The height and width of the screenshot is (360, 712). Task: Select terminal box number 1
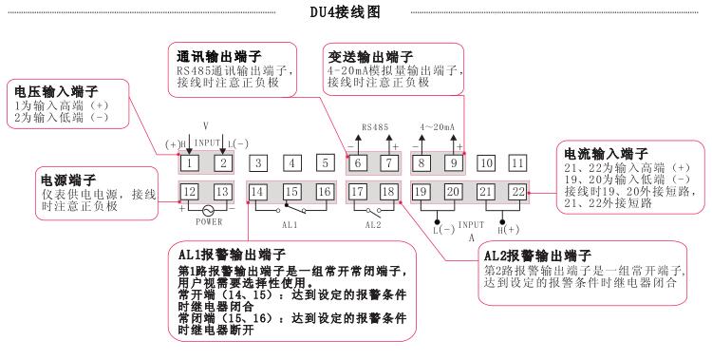pyautogui.click(x=191, y=163)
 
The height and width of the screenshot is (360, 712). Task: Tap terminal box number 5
pyautogui.click(x=324, y=163)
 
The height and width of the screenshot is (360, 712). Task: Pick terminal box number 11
pyautogui.click(x=516, y=163)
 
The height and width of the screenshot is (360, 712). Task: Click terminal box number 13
pyautogui.click(x=223, y=193)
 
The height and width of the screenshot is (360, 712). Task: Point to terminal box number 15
pyautogui.click(x=291, y=193)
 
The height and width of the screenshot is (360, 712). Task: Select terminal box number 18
pyautogui.click(x=388, y=193)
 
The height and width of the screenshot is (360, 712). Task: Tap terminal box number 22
pyautogui.click(x=517, y=193)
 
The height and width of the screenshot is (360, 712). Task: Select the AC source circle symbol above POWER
pyautogui.click(x=207, y=211)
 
